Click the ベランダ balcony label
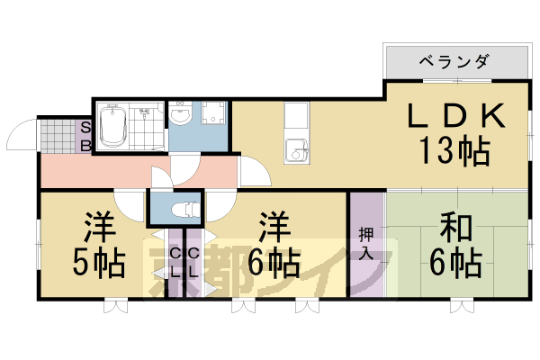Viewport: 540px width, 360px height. (x=454, y=61)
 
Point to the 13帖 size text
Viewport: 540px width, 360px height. (x=454, y=149)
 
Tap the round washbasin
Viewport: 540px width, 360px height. (x=180, y=114)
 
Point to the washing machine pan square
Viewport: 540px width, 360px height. (x=214, y=115)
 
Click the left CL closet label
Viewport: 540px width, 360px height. (x=175, y=263)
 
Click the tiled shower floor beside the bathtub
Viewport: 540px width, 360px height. (x=145, y=127)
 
